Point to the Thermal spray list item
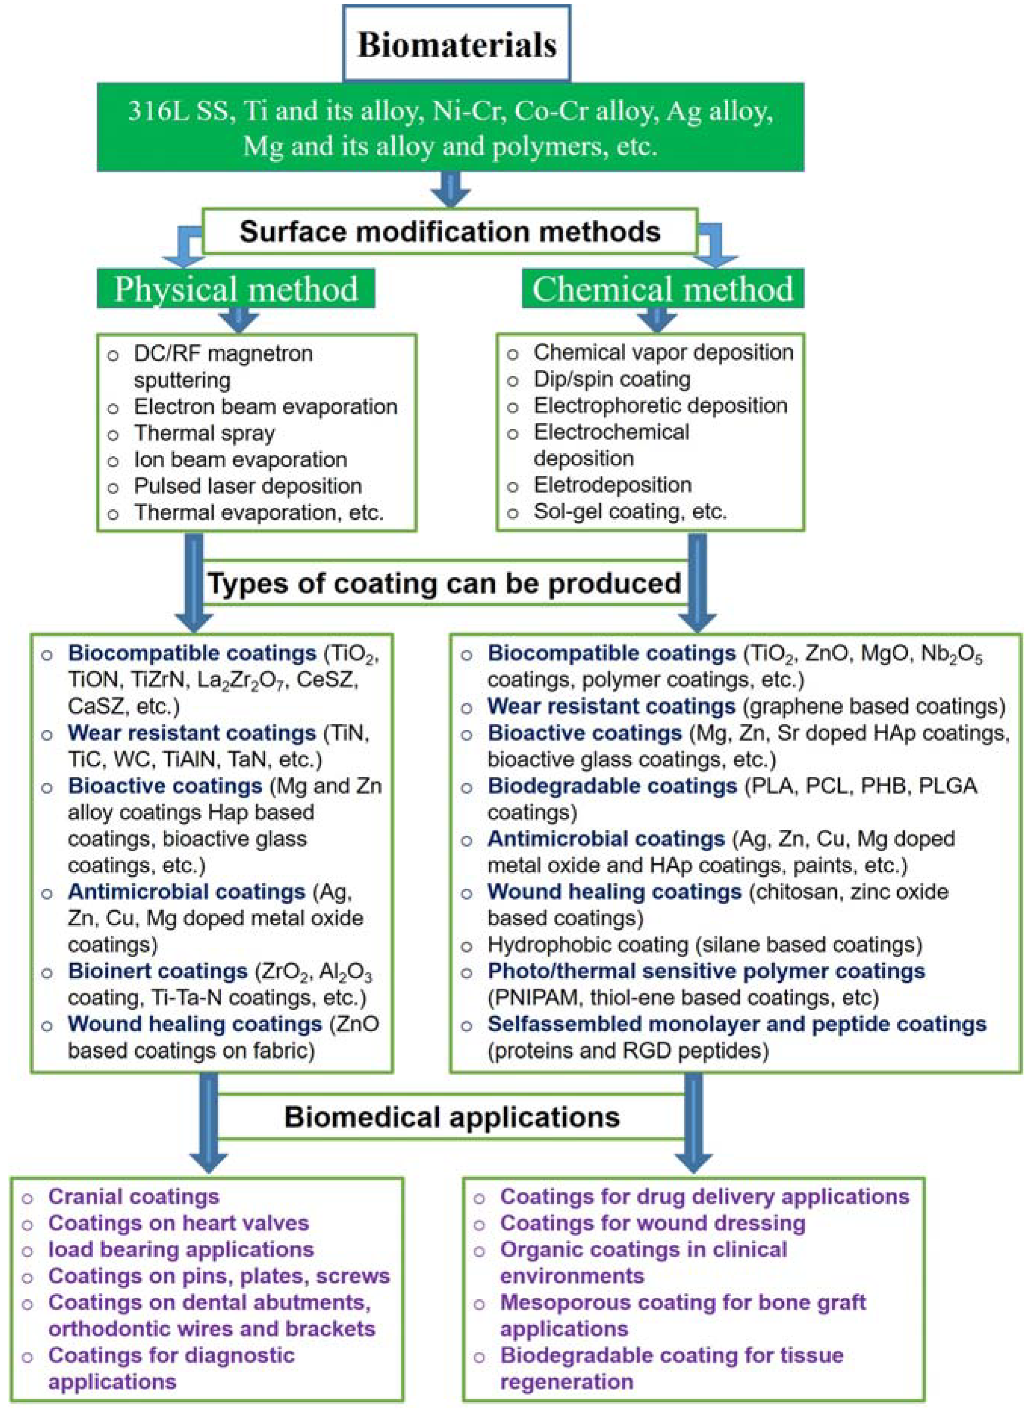tap(205, 433)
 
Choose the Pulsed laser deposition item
tap(247, 486)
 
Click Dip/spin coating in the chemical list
tap(612, 379)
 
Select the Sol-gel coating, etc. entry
tap(630, 511)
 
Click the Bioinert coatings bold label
tap(158, 971)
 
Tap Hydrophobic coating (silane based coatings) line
tap(704, 945)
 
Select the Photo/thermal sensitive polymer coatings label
tap(706, 971)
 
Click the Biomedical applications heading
tap(452, 1117)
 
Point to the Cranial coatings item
tap(134, 1196)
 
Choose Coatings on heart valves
tap(179, 1223)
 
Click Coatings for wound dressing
tap(653, 1223)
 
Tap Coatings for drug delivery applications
tap(704, 1196)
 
